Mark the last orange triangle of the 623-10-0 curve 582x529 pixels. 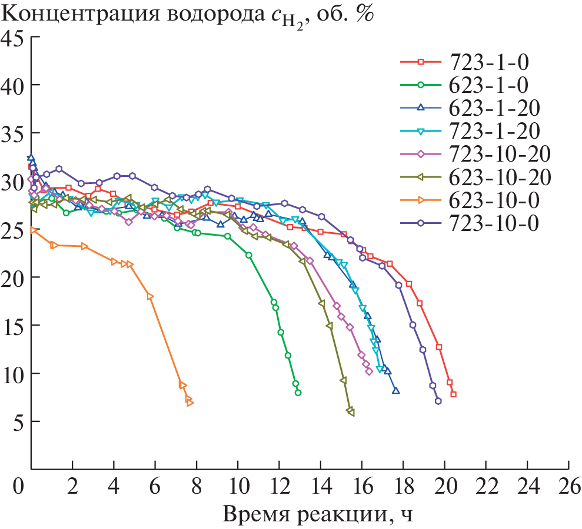pos(190,403)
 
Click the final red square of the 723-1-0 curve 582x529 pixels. pos(453,394)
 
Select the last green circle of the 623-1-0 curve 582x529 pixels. pos(298,393)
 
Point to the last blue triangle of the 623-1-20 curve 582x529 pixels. pos(395,390)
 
